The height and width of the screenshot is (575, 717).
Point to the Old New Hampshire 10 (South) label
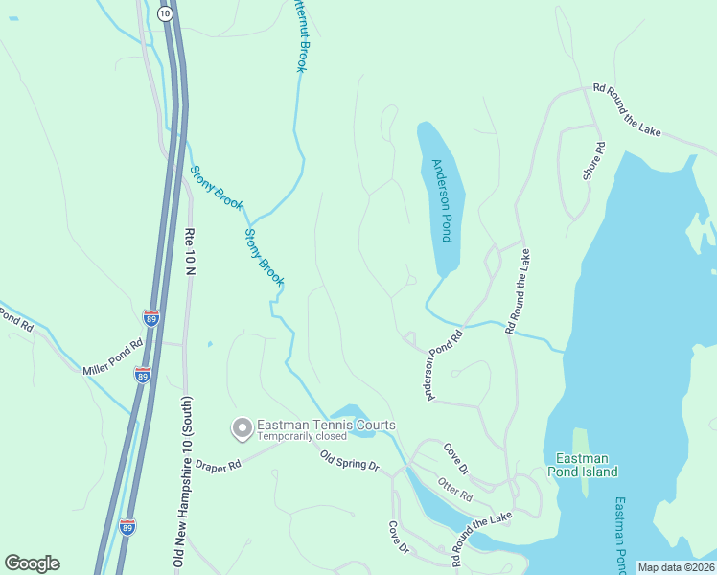[x=177, y=479]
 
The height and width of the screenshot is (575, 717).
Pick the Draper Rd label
[x=218, y=465]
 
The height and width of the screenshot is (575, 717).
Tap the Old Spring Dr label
[x=350, y=460]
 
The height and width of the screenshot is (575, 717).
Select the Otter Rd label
[x=455, y=491]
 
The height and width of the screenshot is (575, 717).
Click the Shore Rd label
[x=593, y=161]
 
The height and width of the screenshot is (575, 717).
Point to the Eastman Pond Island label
[x=582, y=465]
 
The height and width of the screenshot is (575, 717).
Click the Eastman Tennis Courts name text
[x=326, y=425]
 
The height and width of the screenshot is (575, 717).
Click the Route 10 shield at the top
[x=165, y=12]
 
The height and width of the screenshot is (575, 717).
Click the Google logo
[x=32, y=563]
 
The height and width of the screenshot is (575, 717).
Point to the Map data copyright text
[x=676, y=567]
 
